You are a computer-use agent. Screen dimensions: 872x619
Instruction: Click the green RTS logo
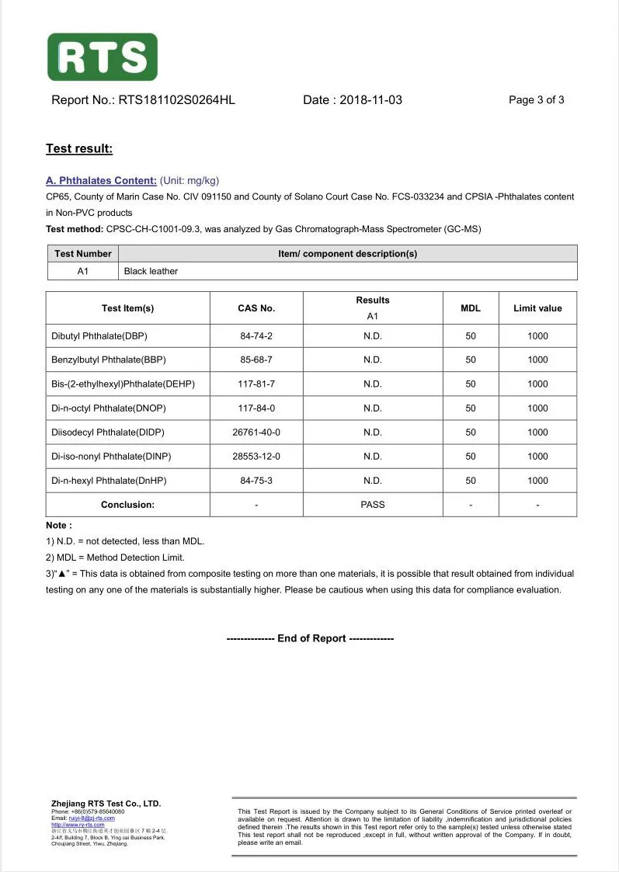(x=103, y=57)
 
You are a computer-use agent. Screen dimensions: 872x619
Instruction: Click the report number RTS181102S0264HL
(x=176, y=100)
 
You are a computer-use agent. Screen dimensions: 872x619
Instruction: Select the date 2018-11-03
(x=370, y=100)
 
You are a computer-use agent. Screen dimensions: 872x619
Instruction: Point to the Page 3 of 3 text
(x=536, y=100)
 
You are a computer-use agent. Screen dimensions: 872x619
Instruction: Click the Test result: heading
(x=79, y=149)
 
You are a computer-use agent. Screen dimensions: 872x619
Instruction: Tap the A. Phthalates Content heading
(x=101, y=181)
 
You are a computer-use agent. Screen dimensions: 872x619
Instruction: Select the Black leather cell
(x=151, y=271)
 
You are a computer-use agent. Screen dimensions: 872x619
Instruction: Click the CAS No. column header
(x=256, y=308)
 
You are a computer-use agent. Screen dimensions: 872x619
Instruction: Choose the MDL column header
(x=471, y=308)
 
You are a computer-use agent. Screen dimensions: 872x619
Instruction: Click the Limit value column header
(x=537, y=308)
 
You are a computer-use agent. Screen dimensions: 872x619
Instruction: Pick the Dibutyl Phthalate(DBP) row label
(x=99, y=336)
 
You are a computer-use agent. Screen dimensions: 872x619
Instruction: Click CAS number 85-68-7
(x=256, y=360)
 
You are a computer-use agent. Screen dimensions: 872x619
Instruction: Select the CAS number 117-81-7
(x=256, y=384)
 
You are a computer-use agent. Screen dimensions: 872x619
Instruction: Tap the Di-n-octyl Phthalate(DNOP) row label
(x=109, y=408)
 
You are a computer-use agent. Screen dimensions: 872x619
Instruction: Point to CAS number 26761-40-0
(x=256, y=433)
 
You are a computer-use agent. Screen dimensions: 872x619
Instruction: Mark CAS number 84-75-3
(x=256, y=481)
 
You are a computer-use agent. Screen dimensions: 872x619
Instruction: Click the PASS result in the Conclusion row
(x=373, y=505)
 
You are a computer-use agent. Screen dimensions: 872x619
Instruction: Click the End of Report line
(x=310, y=638)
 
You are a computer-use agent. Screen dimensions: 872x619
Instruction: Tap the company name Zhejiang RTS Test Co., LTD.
(x=106, y=804)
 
